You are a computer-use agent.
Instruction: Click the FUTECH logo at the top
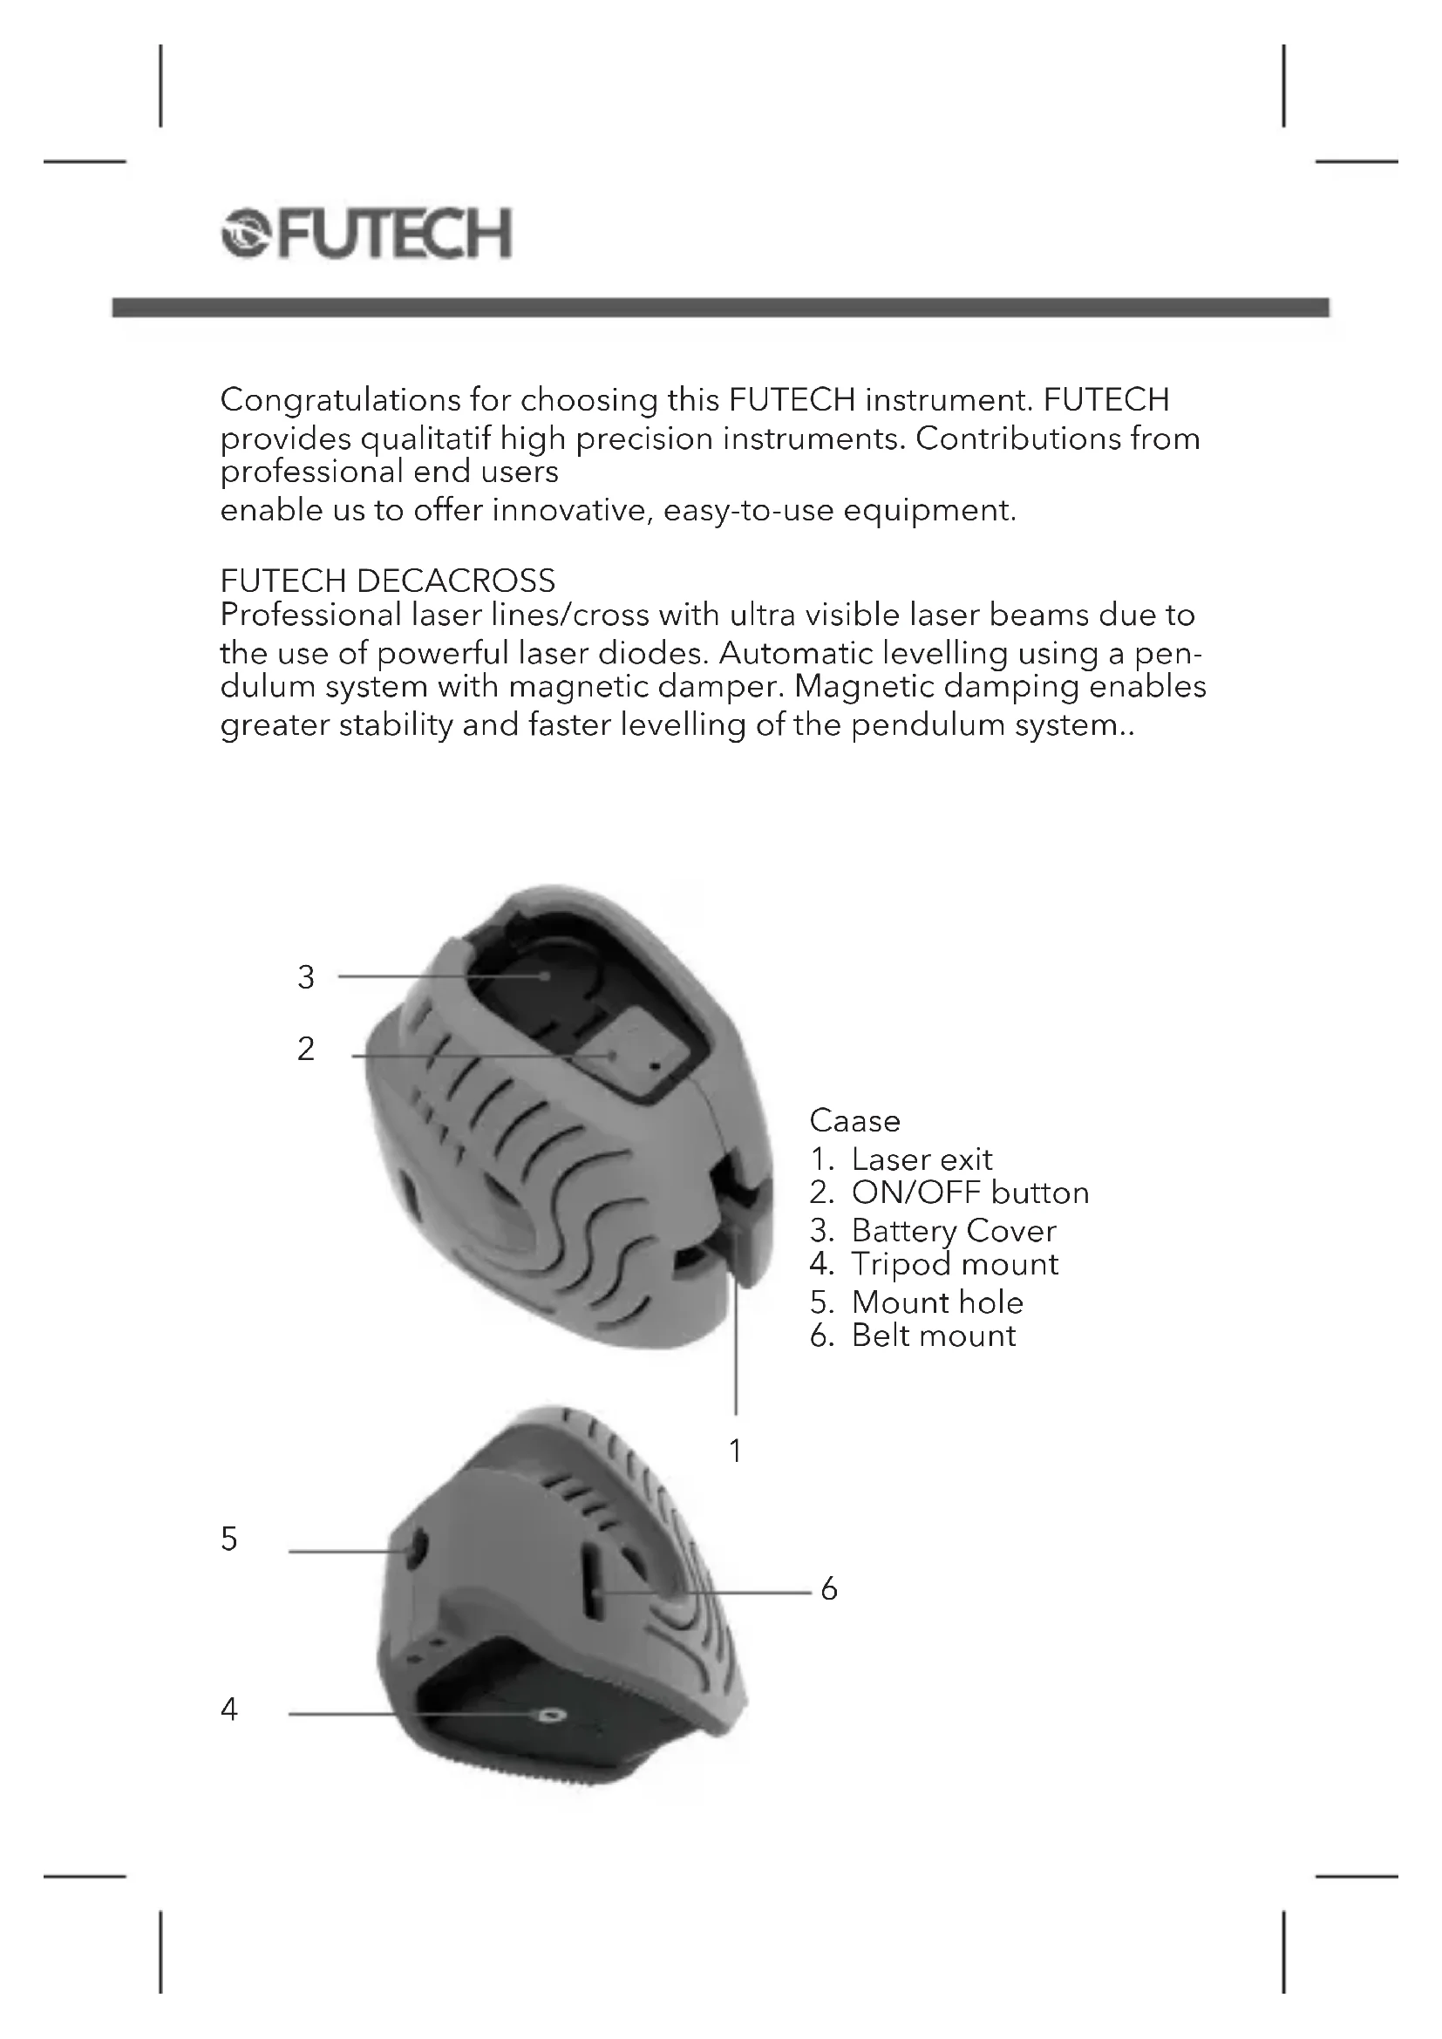[x=366, y=234]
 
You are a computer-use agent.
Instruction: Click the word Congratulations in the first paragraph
[x=340, y=400]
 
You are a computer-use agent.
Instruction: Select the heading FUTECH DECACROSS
[x=387, y=581]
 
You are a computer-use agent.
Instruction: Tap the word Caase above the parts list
[x=854, y=1121]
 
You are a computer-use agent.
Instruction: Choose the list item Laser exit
[x=921, y=1159]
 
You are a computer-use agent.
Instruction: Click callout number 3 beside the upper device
[x=305, y=977]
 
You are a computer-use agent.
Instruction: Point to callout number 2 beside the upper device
[x=305, y=1050]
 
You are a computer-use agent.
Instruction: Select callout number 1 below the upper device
[x=735, y=1451]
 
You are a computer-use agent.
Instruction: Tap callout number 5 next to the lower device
[x=229, y=1538]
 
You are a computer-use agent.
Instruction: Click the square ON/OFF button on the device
[x=637, y=1053]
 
